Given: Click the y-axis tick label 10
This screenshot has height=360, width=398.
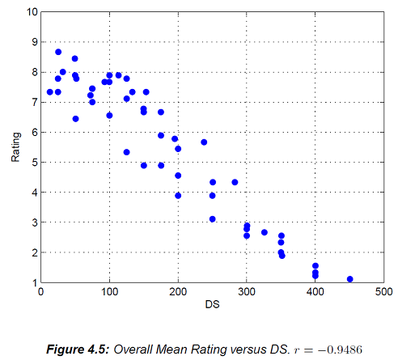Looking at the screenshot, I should click(32, 12).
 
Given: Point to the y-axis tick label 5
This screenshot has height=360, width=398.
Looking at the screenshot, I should click(34, 163).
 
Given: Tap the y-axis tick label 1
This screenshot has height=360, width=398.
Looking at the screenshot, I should click(34, 282).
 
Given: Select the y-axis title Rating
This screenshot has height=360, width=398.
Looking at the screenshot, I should click(15, 148).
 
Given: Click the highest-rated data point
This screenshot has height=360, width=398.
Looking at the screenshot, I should click(58, 52).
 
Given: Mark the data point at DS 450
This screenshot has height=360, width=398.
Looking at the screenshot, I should click(349, 279).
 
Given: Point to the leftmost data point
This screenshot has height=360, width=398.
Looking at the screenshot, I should click(50, 92).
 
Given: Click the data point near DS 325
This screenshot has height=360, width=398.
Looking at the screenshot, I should click(264, 232).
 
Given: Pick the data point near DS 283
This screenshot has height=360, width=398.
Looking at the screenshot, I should click(235, 182).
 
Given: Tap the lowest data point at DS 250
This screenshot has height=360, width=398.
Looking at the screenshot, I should click(212, 219).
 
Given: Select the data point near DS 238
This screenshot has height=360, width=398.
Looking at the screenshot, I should click(204, 142).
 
